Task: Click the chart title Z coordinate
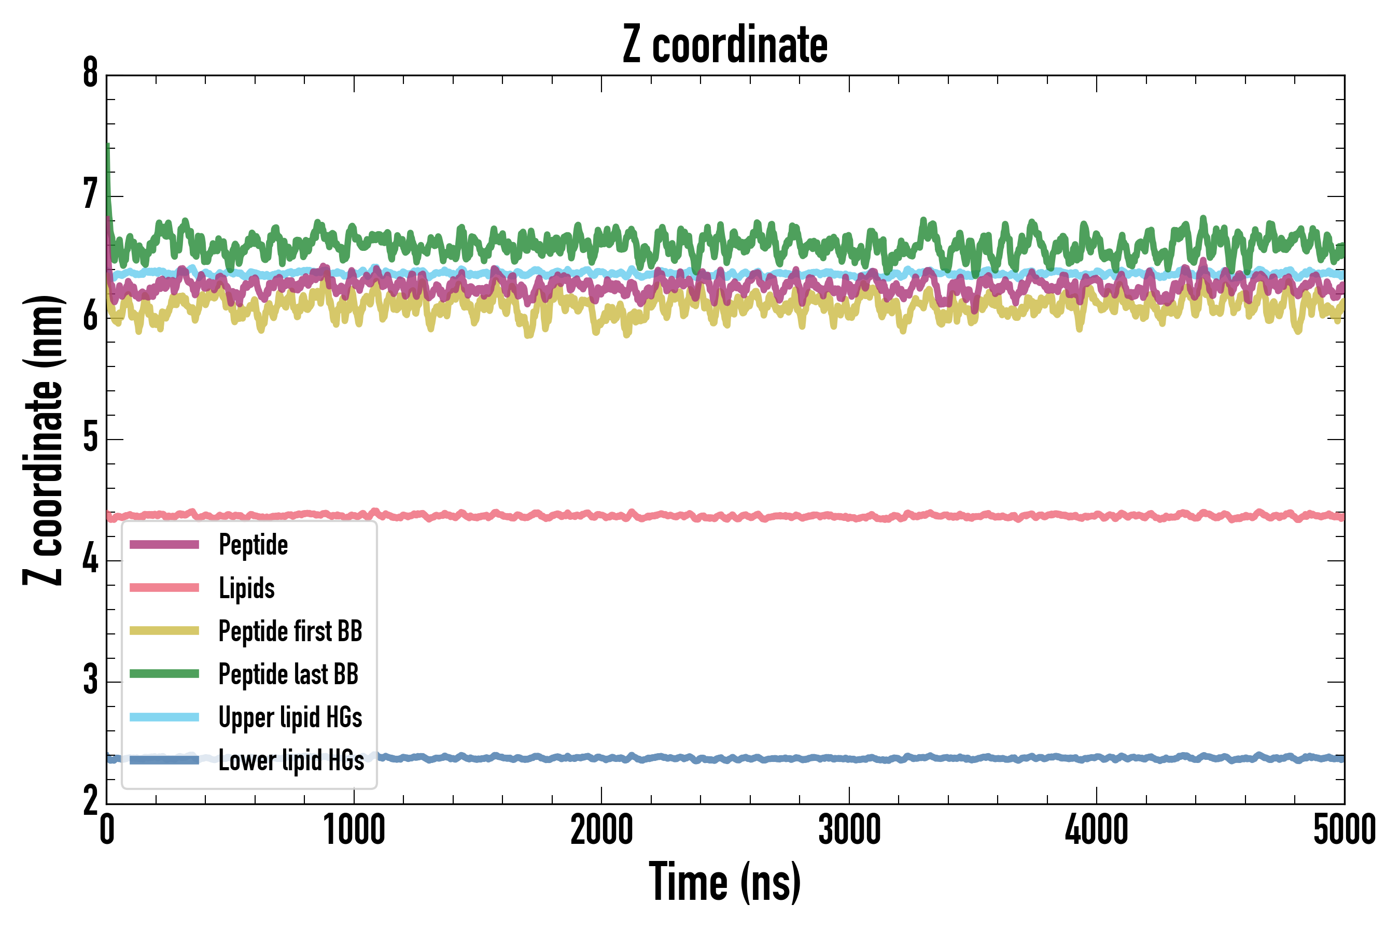coord(724,45)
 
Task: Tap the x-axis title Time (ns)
coord(724,882)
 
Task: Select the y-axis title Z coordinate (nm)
coord(43,440)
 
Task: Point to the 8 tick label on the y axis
coord(90,74)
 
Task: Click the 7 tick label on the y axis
coord(90,195)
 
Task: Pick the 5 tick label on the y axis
coord(90,439)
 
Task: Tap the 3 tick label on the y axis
coord(90,681)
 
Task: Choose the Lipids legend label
coord(246,588)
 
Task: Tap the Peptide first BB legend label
coord(290,631)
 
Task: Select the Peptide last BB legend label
coord(288,674)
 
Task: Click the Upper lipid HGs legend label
coord(290,717)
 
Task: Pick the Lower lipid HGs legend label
coord(291,760)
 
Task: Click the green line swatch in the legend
coord(164,673)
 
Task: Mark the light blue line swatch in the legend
coord(164,717)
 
